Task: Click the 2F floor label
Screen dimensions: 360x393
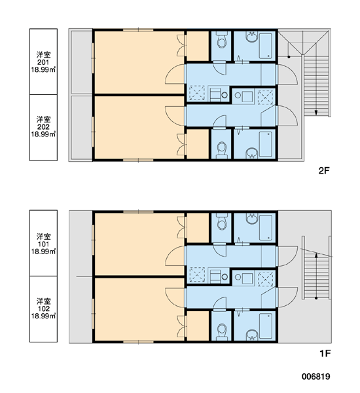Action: click(x=324, y=171)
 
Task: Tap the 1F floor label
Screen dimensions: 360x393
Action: click(x=325, y=354)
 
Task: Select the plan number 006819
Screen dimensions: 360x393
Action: click(x=315, y=377)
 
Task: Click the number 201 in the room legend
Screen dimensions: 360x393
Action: click(x=43, y=62)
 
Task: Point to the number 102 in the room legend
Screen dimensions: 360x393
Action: click(x=43, y=309)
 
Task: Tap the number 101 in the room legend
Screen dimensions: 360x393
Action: click(x=43, y=244)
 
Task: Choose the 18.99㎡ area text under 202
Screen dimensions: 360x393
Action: click(x=43, y=134)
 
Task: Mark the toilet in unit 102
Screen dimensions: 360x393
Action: click(x=221, y=330)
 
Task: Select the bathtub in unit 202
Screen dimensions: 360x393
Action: click(x=266, y=144)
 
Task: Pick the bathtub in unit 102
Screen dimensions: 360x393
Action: click(x=266, y=326)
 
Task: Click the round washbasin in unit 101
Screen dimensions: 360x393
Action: click(x=251, y=219)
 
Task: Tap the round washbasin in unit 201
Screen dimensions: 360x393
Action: click(x=251, y=37)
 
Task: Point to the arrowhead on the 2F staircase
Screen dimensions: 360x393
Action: click(x=316, y=113)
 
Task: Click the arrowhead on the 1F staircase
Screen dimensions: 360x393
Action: click(x=316, y=255)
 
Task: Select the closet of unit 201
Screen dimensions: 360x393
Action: click(x=198, y=46)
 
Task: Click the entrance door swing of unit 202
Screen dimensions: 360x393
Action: click(x=288, y=115)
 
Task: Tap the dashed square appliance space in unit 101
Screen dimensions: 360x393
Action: click(x=197, y=274)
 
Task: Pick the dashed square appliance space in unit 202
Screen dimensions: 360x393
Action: click(x=266, y=97)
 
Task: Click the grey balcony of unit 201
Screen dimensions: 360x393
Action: click(x=81, y=62)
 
